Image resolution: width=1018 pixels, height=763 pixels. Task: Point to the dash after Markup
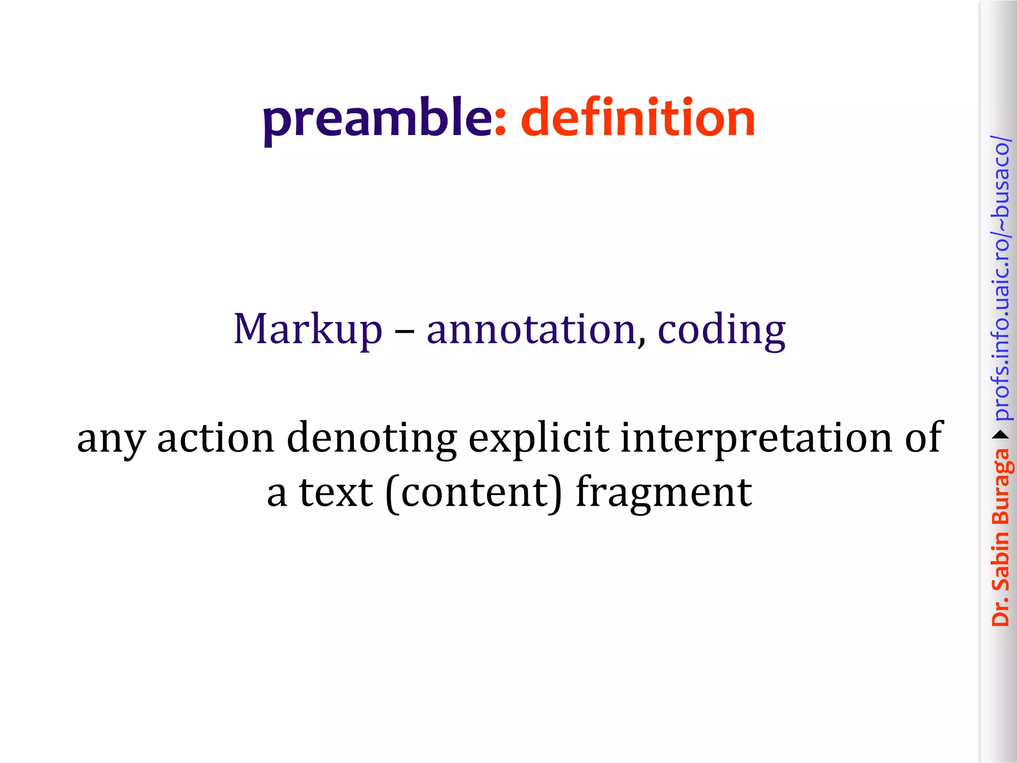pyautogui.click(x=405, y=331)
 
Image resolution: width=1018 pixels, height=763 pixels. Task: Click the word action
pyautogui.click(x=216, y=438)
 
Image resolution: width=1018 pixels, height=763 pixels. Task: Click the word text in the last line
pyautogui.click(x=336, y=492)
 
